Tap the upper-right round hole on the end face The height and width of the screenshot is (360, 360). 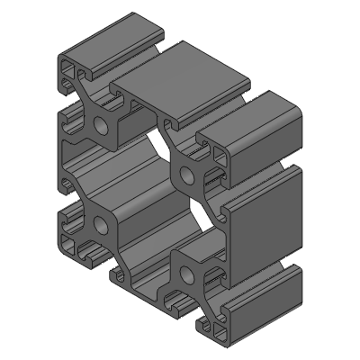click(x=190, y=168)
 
